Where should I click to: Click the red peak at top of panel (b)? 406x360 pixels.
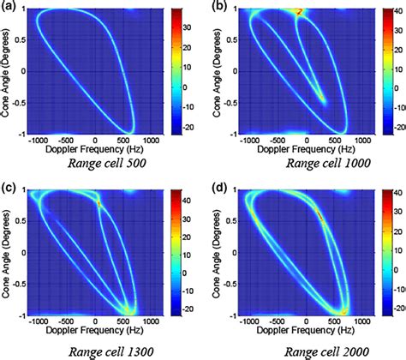click(x=299, y=12)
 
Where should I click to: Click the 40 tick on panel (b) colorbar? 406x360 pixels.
click(x=396, y=15)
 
